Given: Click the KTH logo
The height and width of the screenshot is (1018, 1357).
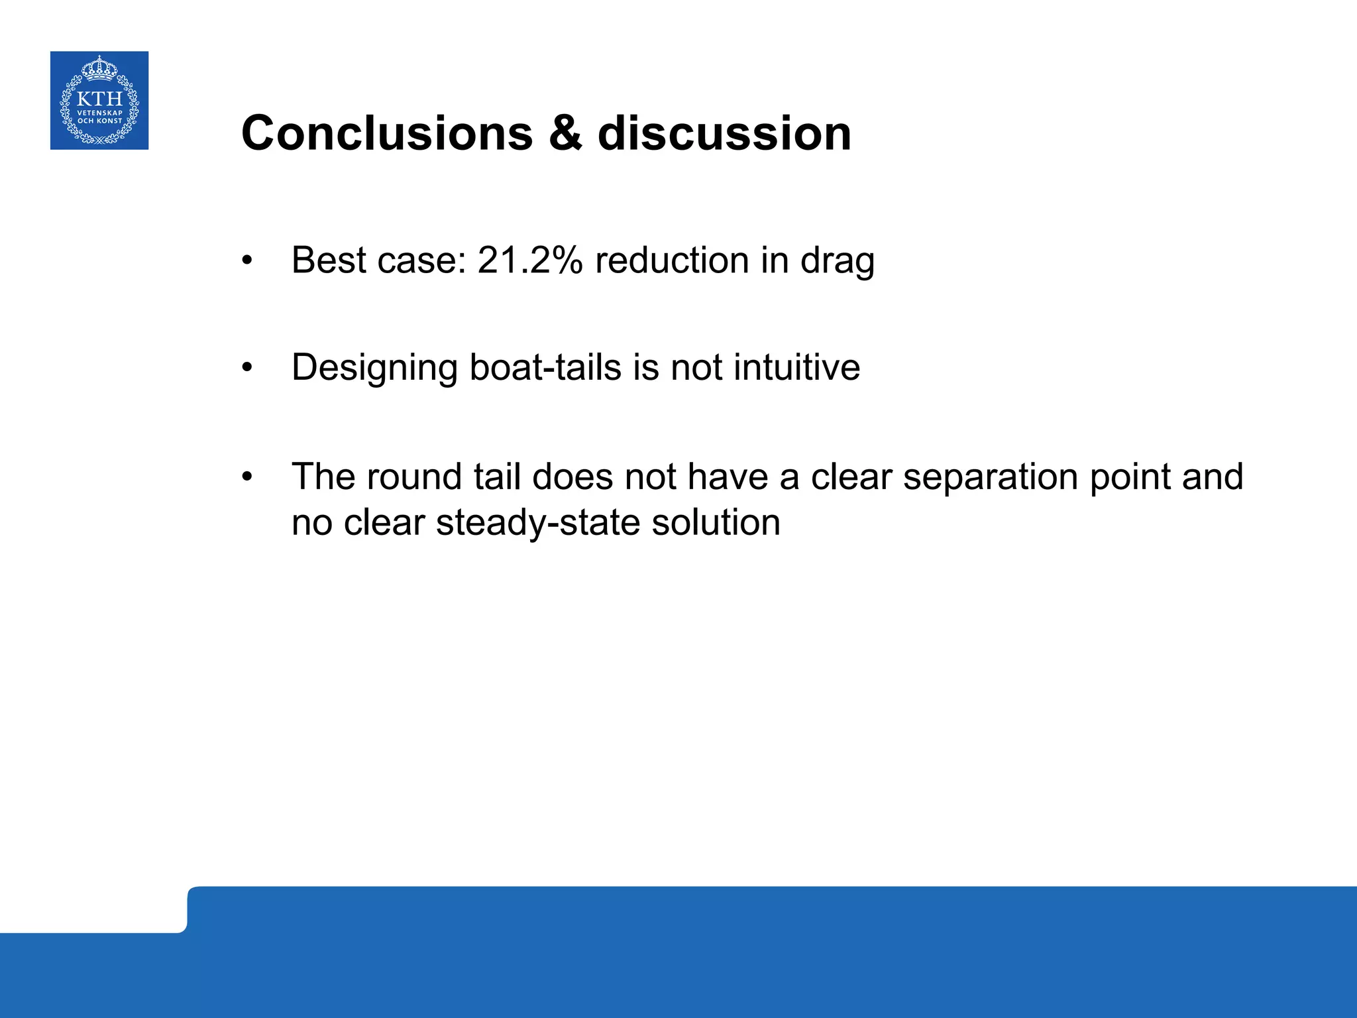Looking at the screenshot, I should [99, 101].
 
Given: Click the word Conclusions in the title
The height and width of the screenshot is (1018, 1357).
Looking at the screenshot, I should [387, 133].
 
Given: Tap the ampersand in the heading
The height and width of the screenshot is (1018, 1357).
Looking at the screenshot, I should [565, 133].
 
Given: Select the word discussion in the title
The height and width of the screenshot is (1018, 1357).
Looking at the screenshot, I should [724, 133].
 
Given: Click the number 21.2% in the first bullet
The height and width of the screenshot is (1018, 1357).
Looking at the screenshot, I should [529, 260].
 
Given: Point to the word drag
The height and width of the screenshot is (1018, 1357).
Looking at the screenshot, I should [838, 261].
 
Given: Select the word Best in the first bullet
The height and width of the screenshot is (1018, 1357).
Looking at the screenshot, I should [329, 260].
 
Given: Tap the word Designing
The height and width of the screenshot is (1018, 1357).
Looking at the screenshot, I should [374, 368].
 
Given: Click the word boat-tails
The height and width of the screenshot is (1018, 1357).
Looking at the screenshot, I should [545, 367].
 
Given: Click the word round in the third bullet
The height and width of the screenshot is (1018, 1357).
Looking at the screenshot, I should [414, 477].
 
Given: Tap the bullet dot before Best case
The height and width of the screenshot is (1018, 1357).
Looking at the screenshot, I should [247, 260].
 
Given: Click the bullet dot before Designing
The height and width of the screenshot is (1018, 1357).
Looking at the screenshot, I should [247, 368].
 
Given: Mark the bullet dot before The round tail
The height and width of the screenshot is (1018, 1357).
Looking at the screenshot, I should [247, 477].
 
